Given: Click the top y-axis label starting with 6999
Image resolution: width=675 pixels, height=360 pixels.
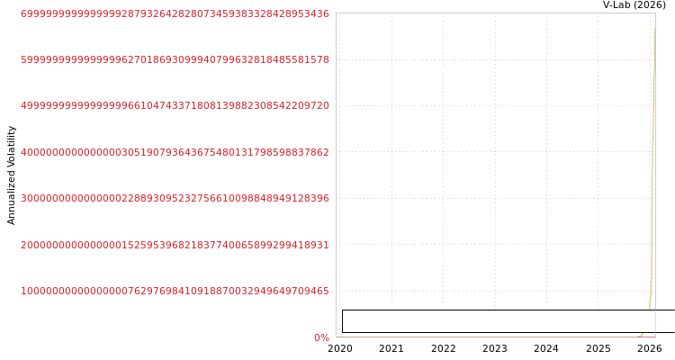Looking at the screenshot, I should [175, 14].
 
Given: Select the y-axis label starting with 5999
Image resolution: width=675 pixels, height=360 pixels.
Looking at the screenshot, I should [175, 59].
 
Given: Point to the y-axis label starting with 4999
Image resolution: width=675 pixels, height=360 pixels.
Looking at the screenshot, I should [175, 105].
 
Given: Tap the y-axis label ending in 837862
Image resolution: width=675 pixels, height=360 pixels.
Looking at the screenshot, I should [175, 152].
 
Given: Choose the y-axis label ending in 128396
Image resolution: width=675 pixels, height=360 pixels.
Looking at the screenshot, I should [175, 198].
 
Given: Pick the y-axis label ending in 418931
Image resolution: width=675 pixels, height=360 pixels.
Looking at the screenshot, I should [175, 245].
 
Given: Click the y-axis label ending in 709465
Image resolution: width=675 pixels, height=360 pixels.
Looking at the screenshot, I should [175, 291].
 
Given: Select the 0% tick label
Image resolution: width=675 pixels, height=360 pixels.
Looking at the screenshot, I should [321, 337].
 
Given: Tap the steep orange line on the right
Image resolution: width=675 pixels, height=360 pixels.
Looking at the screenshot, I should [652, 180].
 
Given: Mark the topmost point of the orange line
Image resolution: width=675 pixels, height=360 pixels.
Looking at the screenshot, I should [654, 29].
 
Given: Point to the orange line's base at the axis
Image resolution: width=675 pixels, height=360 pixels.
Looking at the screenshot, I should [640, 336].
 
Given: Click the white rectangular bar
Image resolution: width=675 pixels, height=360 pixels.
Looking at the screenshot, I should [504, 321].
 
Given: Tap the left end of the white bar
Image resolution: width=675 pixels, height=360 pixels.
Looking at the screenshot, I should [345, 321].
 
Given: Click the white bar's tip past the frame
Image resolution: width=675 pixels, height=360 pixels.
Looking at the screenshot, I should [667, 321].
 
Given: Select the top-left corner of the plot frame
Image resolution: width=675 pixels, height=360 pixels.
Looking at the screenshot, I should [336, 13].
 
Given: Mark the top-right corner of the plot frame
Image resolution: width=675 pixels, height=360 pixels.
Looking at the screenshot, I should [655, 13].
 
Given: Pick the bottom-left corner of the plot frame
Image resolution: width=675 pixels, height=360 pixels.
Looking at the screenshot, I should [336, 337].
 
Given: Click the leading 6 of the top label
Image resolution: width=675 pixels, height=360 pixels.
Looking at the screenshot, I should [23, 14].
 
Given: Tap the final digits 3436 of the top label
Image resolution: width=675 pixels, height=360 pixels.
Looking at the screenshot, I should [319, 14].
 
